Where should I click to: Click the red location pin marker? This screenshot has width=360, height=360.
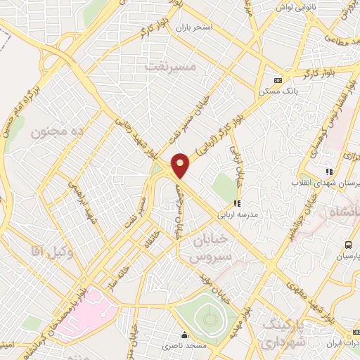pos(181,165)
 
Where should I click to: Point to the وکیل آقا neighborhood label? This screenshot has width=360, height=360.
pos(47,250)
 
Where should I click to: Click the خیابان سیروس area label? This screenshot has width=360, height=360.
pos(210,248)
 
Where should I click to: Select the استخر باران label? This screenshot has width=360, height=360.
pos(193,27)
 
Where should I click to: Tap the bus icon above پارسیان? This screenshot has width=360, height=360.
pos(348,245)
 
